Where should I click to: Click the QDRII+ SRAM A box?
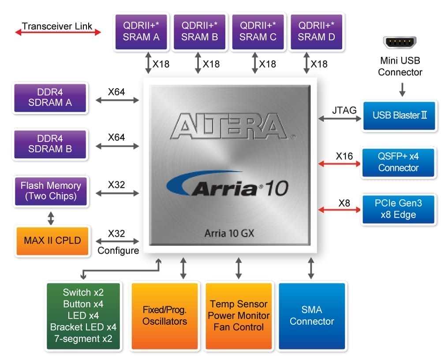click(141, 31)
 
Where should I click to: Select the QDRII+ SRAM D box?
click(316, 31)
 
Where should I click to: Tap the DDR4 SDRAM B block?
click(50, 144)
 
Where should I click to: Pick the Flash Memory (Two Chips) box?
click(51, 191)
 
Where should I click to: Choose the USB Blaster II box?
click(399, 115)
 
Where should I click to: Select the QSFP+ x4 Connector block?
click(398, 162)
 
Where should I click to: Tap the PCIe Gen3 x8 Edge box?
click(398, 209)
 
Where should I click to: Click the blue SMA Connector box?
click(312, 316)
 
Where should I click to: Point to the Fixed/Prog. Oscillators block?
click(164, 316)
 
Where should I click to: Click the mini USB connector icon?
click(400, 43)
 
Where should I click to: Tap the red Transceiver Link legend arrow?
click(58, 32)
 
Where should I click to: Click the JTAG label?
click(344, 110)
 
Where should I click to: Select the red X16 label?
click(344, 156)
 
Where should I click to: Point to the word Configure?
click(118, 251)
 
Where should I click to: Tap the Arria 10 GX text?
click(229, 233)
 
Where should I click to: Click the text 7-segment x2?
click(84, 339)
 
